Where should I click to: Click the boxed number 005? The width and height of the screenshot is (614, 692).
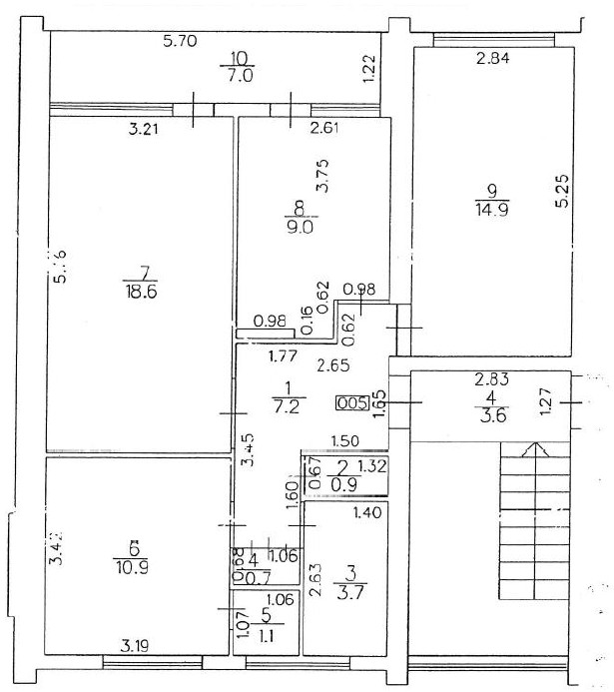tap(350, 403)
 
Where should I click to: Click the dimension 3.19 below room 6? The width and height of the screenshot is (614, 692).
tap(134, 643)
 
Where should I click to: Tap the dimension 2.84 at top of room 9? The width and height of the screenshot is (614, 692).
tap(493, 59)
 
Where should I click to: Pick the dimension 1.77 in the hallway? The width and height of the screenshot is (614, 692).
tap(281, 353)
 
